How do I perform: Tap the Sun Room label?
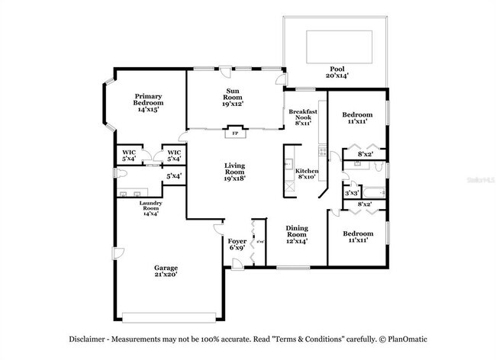click(233, 98)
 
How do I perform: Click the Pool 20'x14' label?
click(337, 72)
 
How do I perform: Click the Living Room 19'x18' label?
click(234, 172)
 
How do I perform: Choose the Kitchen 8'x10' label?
click(307, 174)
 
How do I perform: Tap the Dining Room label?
click(297, 234)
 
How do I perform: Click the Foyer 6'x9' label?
click(237, 244)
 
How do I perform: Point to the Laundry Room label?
click(150, 208)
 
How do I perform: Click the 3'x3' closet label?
click(351, 193)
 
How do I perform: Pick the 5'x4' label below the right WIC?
click(174, 176)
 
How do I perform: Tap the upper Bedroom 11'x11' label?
click(357, 117)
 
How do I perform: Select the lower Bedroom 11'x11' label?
click(357, 236)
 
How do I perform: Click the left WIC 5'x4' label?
click(130, 156)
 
